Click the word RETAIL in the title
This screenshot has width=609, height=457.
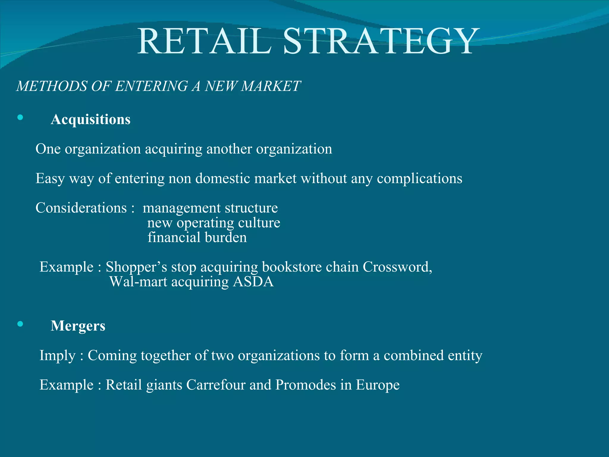(205, 42)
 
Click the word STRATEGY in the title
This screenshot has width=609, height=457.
(382, 42)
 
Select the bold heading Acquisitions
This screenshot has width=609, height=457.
(90, 120)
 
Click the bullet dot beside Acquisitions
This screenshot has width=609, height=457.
(20, 118)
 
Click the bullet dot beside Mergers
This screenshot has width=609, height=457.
(20, 324)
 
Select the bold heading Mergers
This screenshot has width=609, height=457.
(78, 326)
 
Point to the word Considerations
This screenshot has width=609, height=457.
(81, 208)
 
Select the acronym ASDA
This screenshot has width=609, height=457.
(253, 281)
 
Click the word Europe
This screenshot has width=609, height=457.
(378, 385)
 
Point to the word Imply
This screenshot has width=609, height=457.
(57, 356)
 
